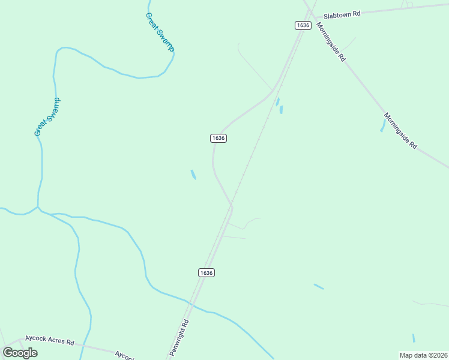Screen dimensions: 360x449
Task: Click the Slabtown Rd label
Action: (342, 15)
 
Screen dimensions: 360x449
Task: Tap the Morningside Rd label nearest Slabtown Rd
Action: (331, 43)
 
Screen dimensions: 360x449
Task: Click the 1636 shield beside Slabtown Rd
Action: (303, 25)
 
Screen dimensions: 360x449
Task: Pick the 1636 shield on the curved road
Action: (218, 138)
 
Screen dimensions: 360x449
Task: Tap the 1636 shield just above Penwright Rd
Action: (206, 272)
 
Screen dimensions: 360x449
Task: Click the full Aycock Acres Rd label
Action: (49, 342)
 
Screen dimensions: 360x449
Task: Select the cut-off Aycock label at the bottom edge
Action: (124, 355)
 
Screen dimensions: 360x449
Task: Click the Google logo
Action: (20, 352)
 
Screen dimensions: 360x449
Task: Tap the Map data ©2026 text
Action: (423, 355)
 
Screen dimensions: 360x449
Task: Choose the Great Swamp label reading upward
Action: (47, 117)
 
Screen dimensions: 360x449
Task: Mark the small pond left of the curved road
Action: (193, 175)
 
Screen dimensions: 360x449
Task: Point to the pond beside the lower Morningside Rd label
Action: (383, 125)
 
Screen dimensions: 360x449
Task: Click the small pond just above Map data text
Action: (414, 338)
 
